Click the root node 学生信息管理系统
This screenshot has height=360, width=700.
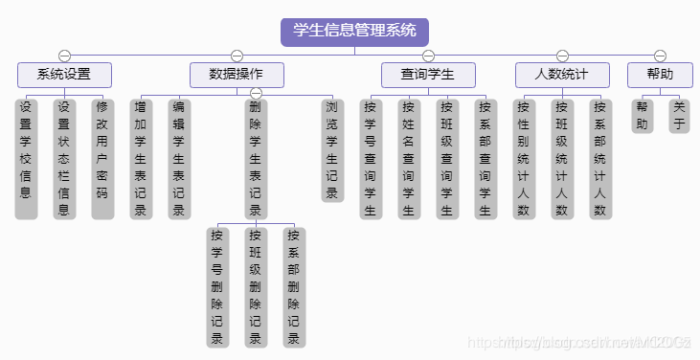coord(354,32)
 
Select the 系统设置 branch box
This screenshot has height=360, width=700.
coord(64,75)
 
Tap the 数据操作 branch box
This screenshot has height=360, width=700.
coord(237,75)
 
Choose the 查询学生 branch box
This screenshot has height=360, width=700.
coord(428,75)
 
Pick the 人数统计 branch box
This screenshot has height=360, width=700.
coord(562,75)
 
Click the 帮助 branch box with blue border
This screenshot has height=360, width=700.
coord(660,75)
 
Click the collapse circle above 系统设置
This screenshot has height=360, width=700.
coord(64,56)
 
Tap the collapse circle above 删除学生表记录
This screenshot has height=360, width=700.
coord(256,93)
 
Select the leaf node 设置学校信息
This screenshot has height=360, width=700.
coord(26,157)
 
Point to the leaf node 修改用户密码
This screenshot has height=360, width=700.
coord(102,157)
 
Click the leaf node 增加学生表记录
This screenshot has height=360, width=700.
coord(141,157)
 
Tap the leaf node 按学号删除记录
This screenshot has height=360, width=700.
coord(217,285)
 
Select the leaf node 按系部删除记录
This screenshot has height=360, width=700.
coord(294,285)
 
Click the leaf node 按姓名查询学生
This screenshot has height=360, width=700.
coord(409,157)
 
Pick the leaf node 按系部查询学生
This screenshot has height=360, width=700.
coord(485,157)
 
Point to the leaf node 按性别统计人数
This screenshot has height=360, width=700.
coord(524,157)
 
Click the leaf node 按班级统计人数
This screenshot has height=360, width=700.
coord(562,157)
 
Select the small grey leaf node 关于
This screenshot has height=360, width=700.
coord(679,115)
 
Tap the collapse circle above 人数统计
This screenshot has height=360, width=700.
coord(562,56)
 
